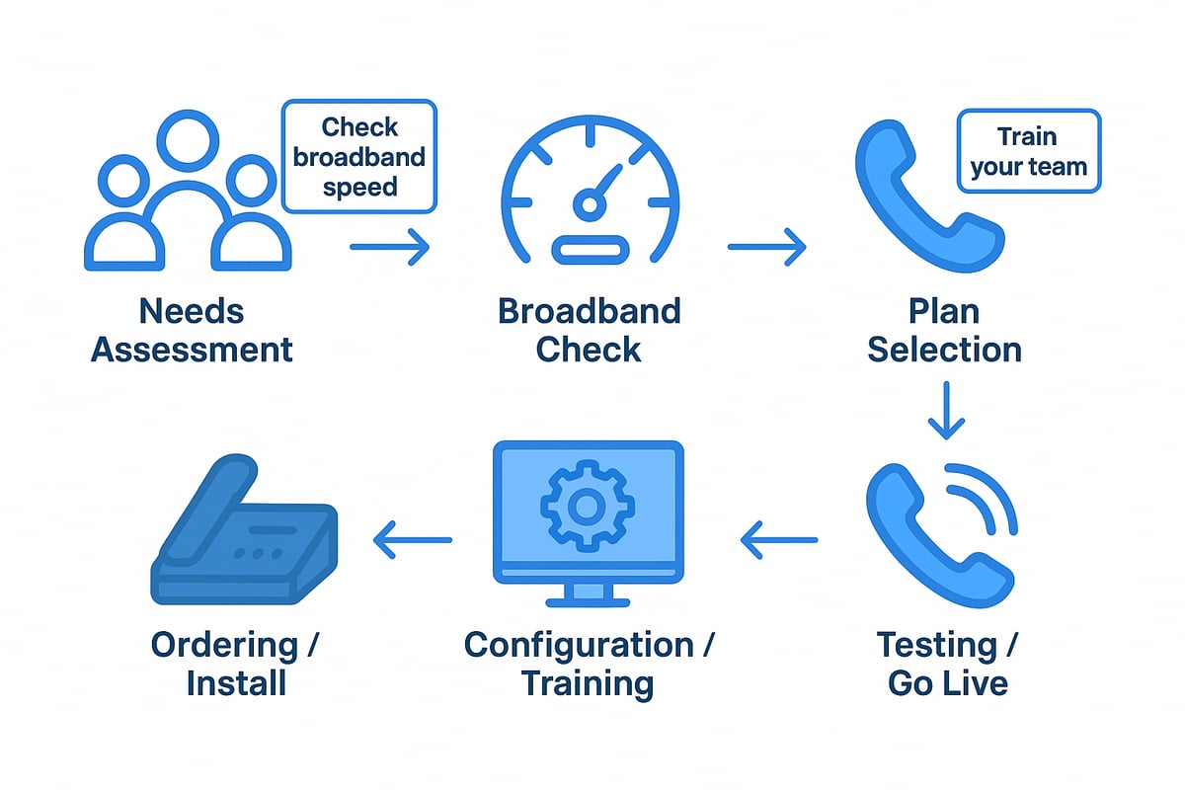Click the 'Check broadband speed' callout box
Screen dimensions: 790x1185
click(x=359, y=156)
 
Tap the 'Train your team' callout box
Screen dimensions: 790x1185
click(x=1028, y=151)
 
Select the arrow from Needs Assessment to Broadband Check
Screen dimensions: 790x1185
click(x=390, y=247)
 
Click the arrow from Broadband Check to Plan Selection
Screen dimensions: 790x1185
click(x=767, y=247)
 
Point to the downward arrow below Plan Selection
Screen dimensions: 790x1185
click(x=946, y=410)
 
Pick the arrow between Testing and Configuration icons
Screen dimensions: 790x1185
click(x=779, y=539)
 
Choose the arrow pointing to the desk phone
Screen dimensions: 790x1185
click(x=412, y=539)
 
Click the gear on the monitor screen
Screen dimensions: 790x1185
click(x=587, y=507)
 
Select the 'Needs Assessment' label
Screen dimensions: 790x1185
click(x=192, y=330)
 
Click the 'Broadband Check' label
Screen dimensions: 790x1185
click(x=590, y=330)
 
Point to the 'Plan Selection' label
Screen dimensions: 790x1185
click(x=945, y=330)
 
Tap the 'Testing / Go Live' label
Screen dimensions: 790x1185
click(x=947, y=664)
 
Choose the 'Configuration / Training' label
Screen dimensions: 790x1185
click(x=590, y=664)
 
